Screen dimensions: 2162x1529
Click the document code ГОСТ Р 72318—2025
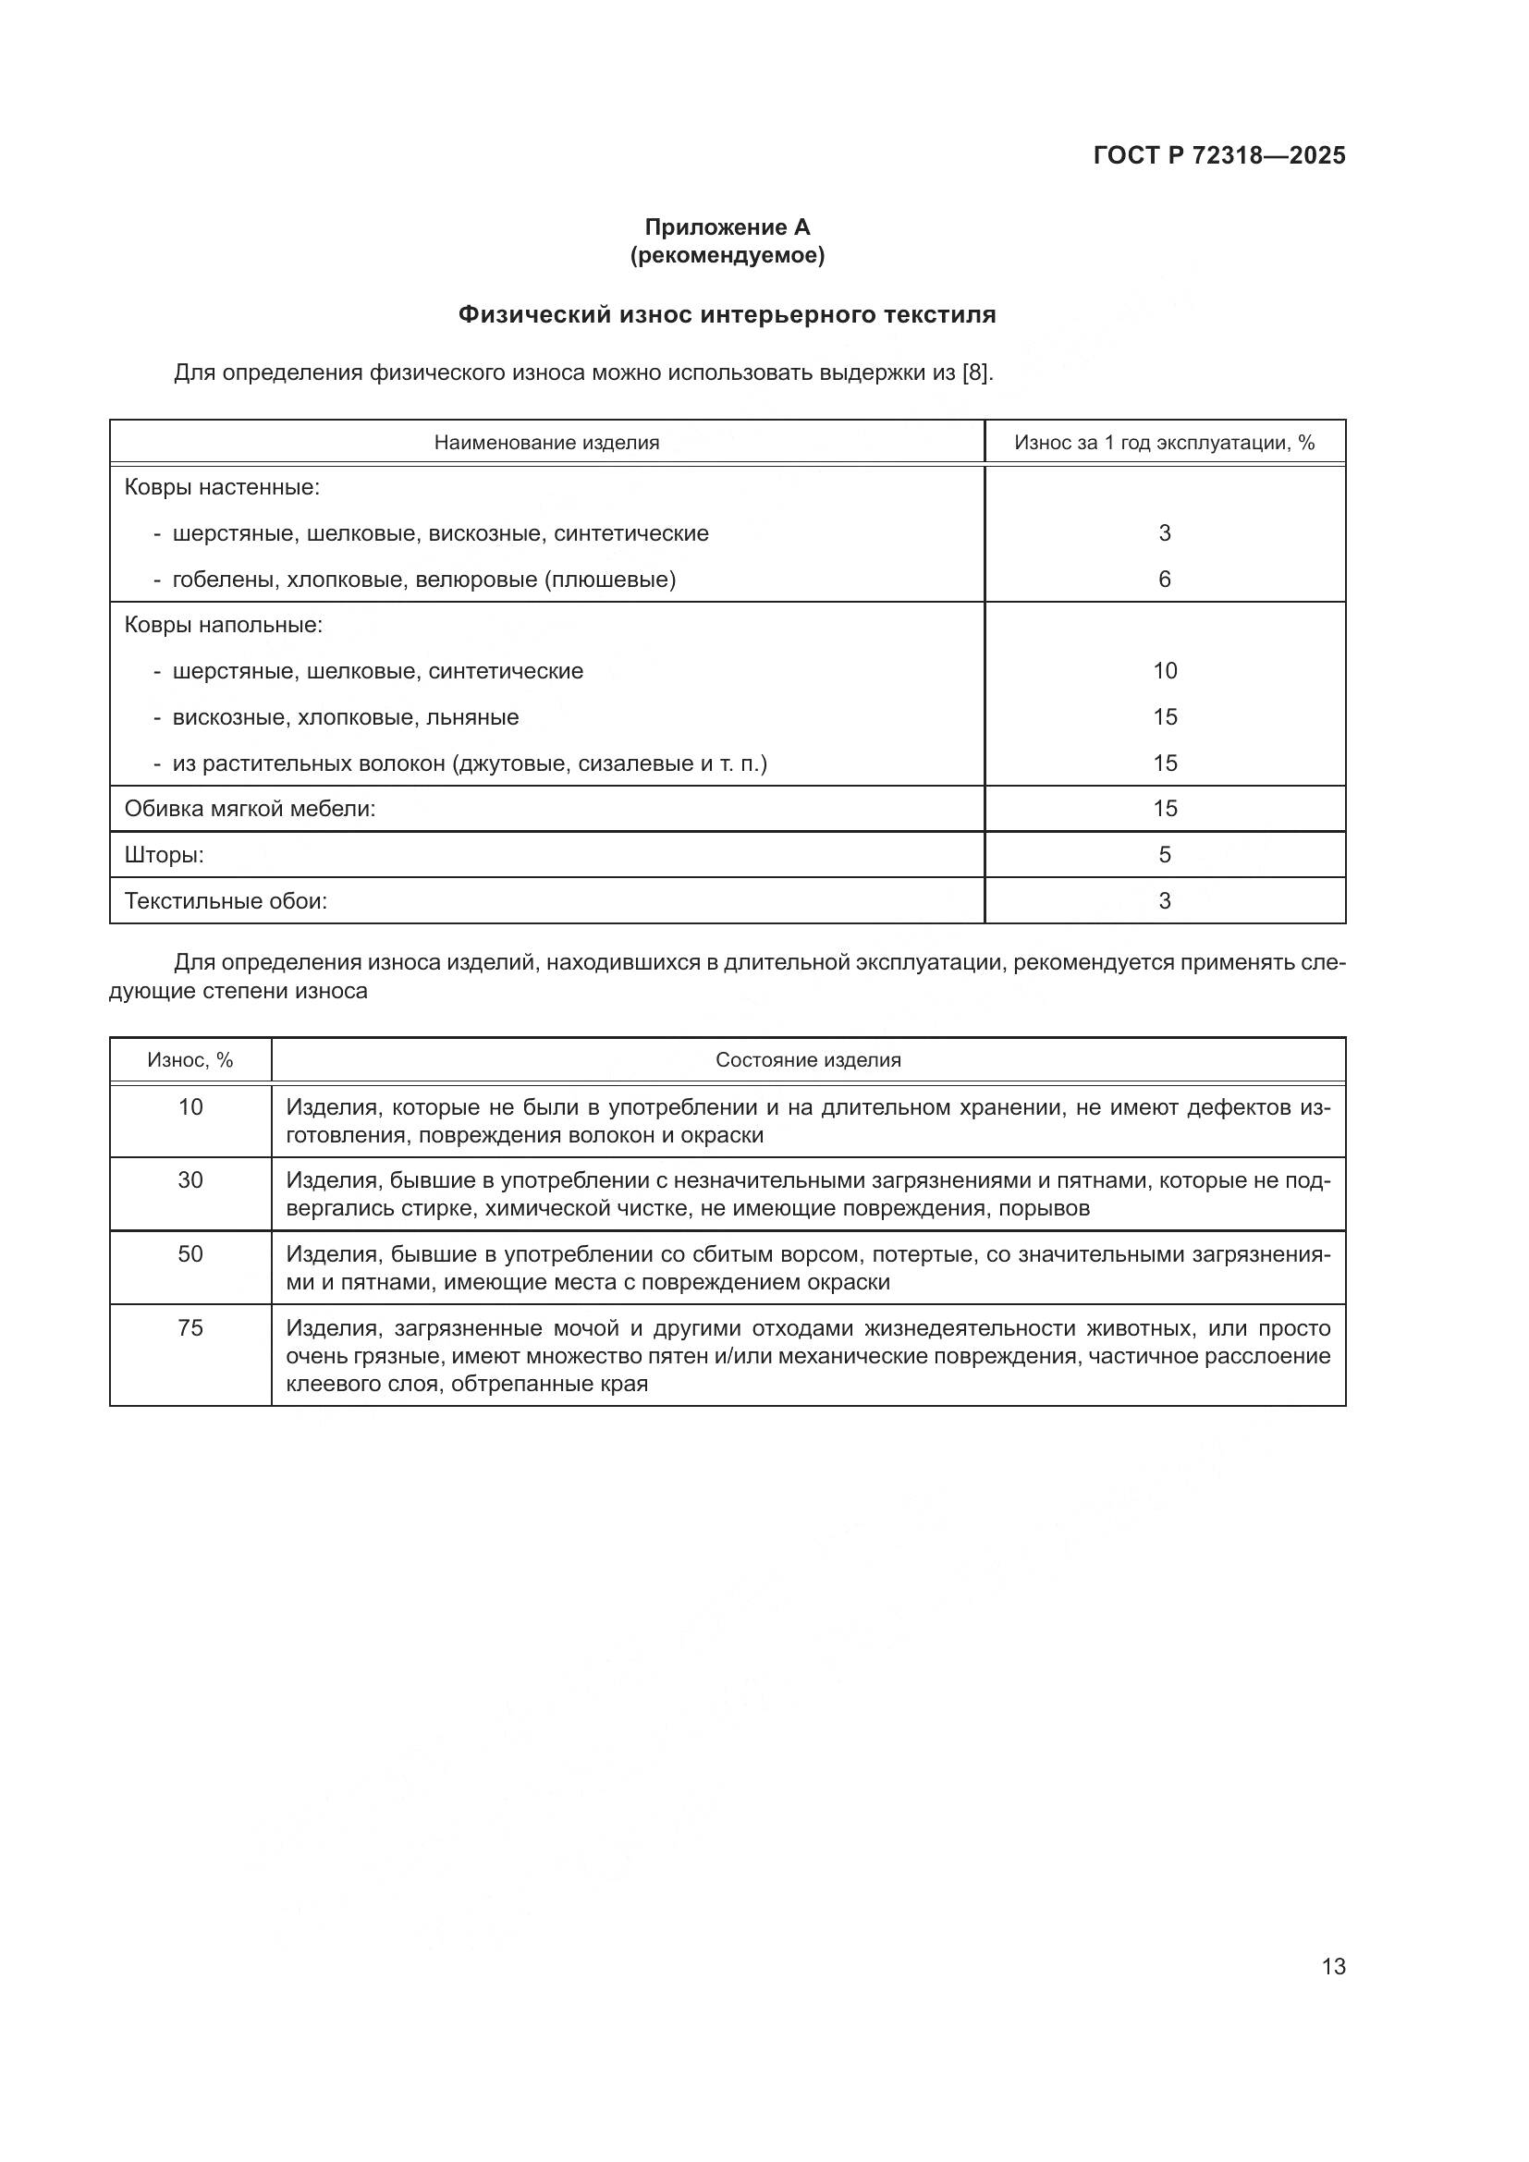point(1219,155)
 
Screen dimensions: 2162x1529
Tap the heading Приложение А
point(727,227)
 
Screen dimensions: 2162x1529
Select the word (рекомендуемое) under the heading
point(727,255)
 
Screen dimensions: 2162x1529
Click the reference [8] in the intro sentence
point(976,373)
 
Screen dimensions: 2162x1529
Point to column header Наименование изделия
point(546,443)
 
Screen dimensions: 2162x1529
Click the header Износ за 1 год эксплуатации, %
point(1164,443)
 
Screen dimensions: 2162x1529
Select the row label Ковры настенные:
point(222,488)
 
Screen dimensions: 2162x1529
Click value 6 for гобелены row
point(1165,580)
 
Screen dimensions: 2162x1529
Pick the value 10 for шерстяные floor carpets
point(1165,670)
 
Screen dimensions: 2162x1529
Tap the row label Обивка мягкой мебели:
point(250,808)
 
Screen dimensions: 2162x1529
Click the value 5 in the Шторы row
point(1165,854)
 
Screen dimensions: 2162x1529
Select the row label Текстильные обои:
point(226,901)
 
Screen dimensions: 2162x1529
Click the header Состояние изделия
point(808,1060)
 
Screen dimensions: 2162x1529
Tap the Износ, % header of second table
point(190,1060)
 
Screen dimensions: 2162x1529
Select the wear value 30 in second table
point(190,1179)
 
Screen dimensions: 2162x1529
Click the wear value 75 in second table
point(190,1327)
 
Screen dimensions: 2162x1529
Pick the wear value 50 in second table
point(190,1253)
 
